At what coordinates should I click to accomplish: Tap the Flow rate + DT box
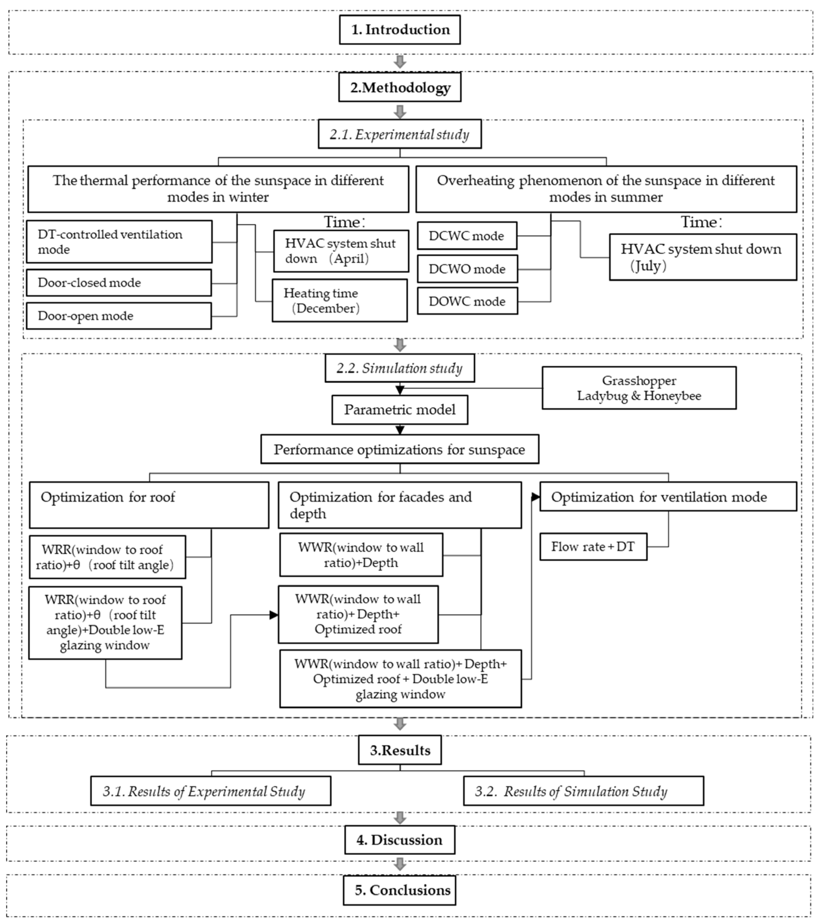(593, 547)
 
